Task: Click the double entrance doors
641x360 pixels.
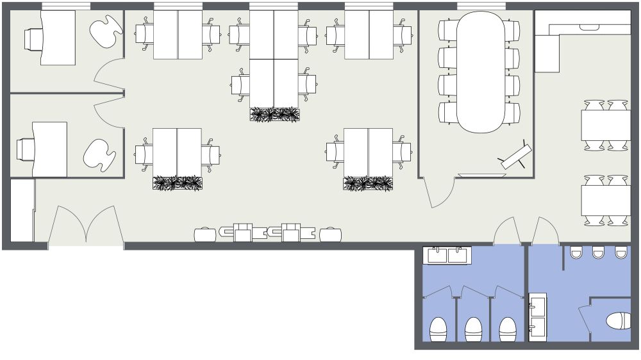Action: click(86, 227)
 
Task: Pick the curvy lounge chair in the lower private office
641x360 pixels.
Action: click(99, 156)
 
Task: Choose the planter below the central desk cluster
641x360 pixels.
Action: click(275, 115)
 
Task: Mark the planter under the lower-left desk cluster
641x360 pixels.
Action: click(178, 184)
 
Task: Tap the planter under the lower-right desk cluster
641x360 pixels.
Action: click(368, 184)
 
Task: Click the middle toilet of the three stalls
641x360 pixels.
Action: click(474, 329)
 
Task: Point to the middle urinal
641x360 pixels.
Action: click(598, 252)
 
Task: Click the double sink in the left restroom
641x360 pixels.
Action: click(447, 256)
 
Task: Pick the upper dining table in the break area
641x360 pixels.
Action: click(606, 126)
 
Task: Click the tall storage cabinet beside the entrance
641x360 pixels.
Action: click(22, 211)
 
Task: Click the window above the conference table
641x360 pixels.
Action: click(481, 6)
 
